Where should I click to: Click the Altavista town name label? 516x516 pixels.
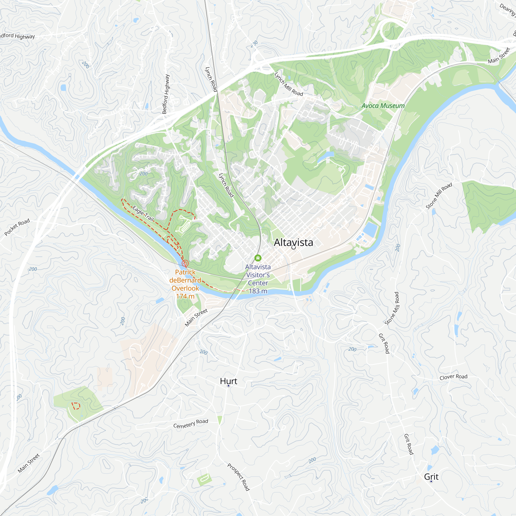(x=293, y=242)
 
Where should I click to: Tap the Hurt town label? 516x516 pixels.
(x=229, y=381)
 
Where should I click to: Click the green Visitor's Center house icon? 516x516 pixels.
(x=258, y=258)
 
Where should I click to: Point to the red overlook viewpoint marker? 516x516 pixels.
(x=185, y=263)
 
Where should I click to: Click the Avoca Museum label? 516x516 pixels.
(x=383, y=106)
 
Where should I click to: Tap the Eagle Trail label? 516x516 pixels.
(x=143, y=214)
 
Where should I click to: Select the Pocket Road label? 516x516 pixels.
(x=17, y=227)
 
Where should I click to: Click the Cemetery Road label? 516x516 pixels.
(x=190, y=424)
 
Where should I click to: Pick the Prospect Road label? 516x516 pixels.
(x=238, y=477)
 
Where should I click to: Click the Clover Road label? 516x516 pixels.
(x=454, y=377)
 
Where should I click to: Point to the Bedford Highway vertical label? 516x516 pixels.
(x=166, y=94)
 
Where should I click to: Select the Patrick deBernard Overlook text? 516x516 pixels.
(x=185, y=280)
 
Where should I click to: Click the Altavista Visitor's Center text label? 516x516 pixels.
(x=258, y=275)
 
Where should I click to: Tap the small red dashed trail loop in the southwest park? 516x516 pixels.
(x=76, y=406)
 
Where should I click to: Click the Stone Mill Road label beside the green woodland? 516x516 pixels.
(x=439, y=196)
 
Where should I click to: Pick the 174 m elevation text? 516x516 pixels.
(x=185, y=296)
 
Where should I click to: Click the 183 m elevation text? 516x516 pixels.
(x=258, y=291)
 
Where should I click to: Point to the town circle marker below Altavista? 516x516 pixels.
(x=294, y=248)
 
